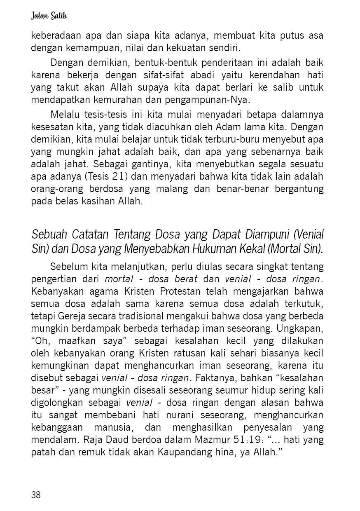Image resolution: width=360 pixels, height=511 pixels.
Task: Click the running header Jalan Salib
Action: coord(49,16)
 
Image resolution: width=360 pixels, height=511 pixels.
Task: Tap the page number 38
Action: coord(36,495)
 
